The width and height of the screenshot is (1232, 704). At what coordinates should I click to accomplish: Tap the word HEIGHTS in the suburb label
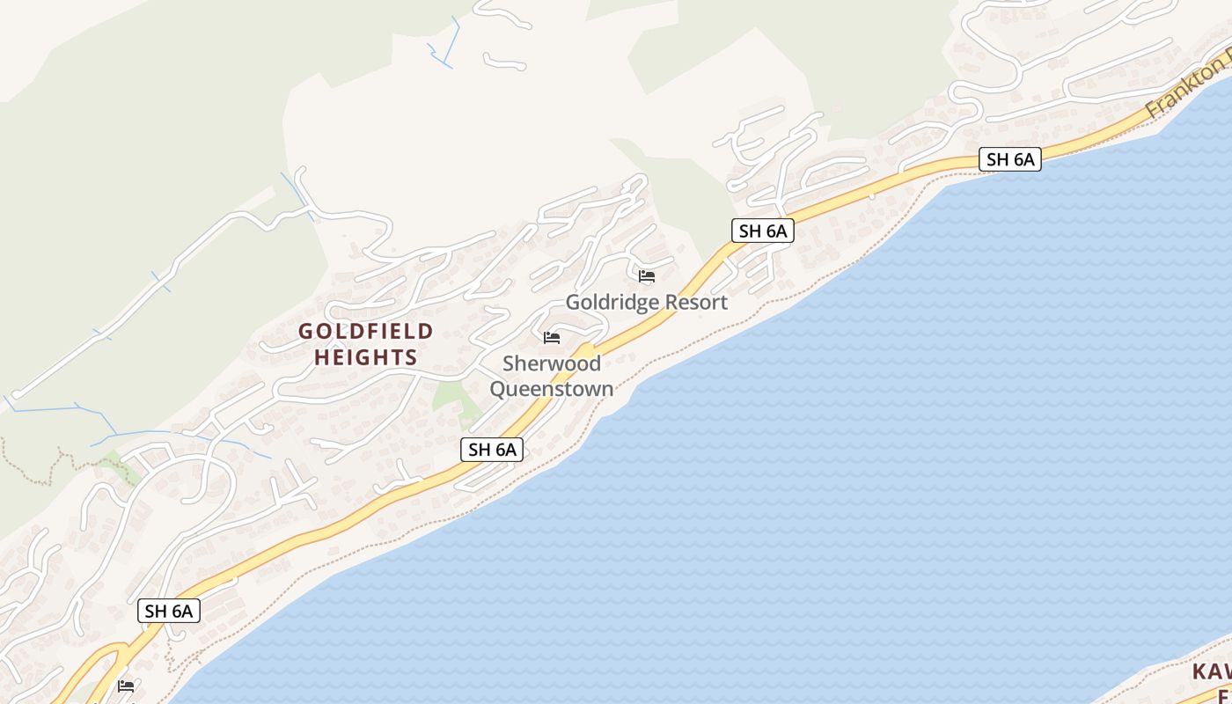click(x=365, y=357)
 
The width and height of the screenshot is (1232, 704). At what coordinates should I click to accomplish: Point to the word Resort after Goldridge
click(x=695, y=303)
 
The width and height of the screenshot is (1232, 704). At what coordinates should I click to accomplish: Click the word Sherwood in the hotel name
click(x=552, y=363)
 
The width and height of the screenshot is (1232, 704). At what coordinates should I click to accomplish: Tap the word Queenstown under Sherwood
click(x=551, y=388)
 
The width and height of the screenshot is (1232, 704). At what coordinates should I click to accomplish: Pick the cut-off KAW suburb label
click(x=1211, y=672)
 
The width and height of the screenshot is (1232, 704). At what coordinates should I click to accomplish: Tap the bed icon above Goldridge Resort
click(x=647, y=276)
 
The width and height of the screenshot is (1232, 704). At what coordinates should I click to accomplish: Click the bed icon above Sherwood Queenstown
click(x=552, y=338)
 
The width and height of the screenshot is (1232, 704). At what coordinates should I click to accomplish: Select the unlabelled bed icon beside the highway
click(x=126, y=686)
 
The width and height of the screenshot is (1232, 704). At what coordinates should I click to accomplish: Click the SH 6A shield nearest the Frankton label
click(x=1010, y=159)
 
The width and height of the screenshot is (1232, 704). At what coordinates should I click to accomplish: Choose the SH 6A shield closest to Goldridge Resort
click(x=762, y=231)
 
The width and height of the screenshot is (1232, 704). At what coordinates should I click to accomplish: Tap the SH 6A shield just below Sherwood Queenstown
click(x=492, y=450)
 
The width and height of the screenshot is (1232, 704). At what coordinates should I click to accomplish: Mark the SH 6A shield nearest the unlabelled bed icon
click(x=169, y=611)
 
